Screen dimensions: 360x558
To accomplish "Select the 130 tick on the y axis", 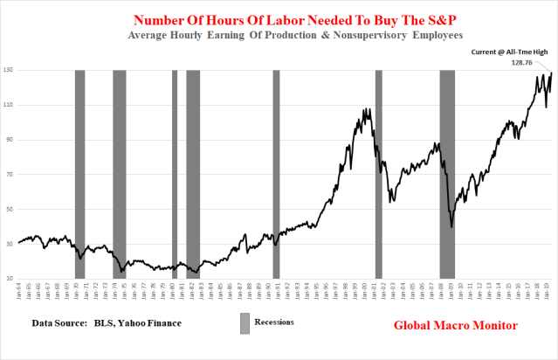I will pyautogui.click(x=9, y=71).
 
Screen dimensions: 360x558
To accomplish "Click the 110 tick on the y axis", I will pyautogui.click(x=9, y=106).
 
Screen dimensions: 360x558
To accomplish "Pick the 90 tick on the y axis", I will pyautogui.click(x=9, y=140).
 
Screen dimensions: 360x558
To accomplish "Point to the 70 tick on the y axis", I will pyautogui.click(x=9, y=175).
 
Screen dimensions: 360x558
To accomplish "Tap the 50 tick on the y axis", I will pyautogui.click(x=9, y=210).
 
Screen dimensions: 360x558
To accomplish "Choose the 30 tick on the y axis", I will pyautogui.click(x=9, y=244).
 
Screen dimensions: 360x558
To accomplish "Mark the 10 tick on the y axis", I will pyautogui.click(x=9, y=279).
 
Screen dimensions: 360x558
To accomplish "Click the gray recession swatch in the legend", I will pyautogui.click(x=245, y=322).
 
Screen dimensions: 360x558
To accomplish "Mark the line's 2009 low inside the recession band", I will pyautogui.click(x=451, y=227).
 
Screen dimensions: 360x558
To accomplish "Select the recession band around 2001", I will pyautogui.click(x=378, y=175).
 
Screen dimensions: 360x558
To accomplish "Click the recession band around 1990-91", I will pyautogui.click(x=276, y=175).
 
